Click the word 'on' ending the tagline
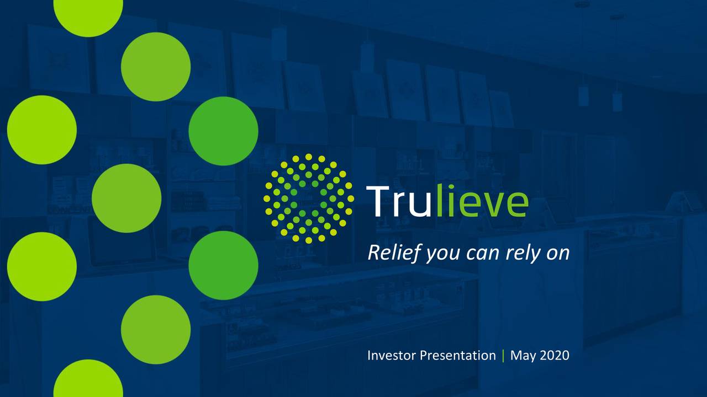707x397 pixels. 557,254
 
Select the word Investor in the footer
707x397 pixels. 391,356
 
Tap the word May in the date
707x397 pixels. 523,356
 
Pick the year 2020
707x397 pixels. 554,356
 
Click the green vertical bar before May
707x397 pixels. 503,356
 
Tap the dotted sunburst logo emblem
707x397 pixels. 309,198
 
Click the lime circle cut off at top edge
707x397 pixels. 88,14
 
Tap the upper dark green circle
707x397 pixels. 223,131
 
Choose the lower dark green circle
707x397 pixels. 223,265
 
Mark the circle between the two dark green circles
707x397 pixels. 126,198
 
